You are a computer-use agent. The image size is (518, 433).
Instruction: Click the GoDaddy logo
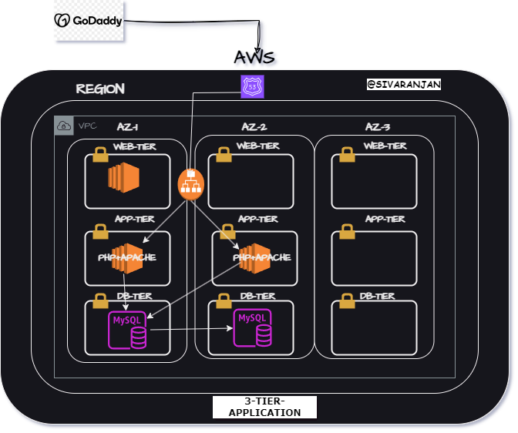(x=89, y=21)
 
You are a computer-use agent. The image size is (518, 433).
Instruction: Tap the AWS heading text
(x=254, y=57)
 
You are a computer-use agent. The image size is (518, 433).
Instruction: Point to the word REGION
(x=100, y=89)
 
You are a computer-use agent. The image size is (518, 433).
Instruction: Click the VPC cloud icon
(x=65, y=126)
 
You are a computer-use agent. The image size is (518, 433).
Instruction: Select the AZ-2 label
(x=254, y=126)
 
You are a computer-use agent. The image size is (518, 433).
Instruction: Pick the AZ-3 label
(x=378, y=126)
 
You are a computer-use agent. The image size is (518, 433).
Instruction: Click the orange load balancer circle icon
(x=190, y=183)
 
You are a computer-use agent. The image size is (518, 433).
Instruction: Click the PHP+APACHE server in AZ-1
(x=127, y=257)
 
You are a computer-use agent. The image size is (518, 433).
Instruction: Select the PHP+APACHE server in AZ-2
(x=255, y=257)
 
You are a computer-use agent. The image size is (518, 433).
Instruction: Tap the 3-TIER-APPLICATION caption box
(x=264, y=407)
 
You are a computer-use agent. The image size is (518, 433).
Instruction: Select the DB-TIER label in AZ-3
(x=378, y=296)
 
